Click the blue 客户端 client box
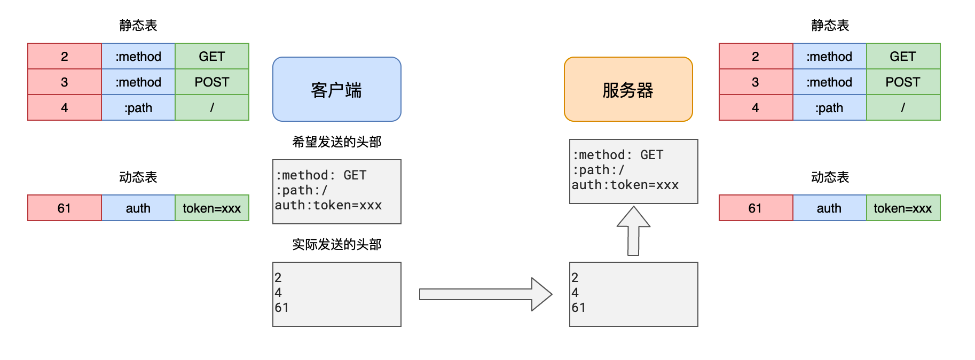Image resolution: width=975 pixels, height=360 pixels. pos(336,89)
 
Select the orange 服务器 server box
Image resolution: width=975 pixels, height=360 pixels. pos(628,89)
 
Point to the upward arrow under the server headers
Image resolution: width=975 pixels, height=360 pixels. pos(633,231)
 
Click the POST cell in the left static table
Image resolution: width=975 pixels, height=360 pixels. pos(212,82)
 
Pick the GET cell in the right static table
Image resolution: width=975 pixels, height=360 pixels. pos(903,56)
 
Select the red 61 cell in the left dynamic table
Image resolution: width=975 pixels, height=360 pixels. pos(65,208)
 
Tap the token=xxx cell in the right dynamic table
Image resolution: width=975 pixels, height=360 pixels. pos(903,208)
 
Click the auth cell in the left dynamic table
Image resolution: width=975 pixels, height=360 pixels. pos(138,208)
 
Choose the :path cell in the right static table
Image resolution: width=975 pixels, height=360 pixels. pos(829,107)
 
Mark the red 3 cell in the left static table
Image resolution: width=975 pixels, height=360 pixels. pos(65,82)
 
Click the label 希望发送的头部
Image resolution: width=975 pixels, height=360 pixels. pos(336,142)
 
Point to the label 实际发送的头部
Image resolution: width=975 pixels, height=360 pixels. pos(336,244)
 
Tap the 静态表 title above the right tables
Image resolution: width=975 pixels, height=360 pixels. pos(830,25)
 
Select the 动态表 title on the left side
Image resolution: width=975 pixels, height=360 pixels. pos(138,177)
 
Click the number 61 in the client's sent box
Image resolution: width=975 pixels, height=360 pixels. pos(282,308)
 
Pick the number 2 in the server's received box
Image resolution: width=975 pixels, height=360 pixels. pos(575,278)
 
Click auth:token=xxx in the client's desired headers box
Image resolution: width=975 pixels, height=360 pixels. pos(328,205)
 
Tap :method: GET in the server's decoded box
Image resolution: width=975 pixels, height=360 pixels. pos(618,155)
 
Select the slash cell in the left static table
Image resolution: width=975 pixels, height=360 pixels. pos(212,107)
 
